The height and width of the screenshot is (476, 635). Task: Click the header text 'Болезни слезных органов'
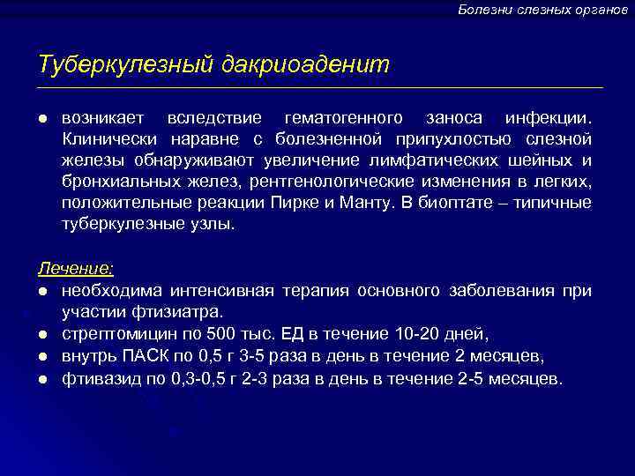[542, 9]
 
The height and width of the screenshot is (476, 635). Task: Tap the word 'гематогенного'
[346, 118]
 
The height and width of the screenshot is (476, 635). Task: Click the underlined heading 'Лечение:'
[75, 268]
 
